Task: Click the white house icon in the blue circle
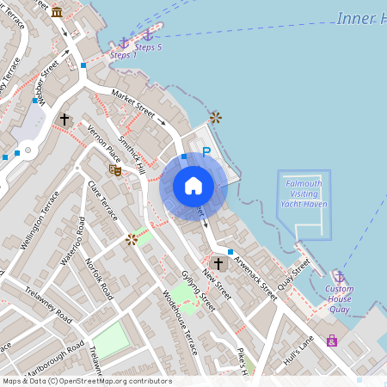[x=193, y=186]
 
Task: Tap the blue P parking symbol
[x=206, y=152]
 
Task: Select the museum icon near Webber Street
[x=57, y=11]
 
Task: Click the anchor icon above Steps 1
[x=123, y=42]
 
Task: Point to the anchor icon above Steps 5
[x=148, y=34]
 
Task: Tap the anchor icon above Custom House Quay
[x=339, y=277]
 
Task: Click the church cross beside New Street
[x=218, y=263]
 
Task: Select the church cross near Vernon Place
[x=64, y=119]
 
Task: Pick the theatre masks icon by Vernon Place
[x=115, y=169]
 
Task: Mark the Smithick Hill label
[x=132, y=155]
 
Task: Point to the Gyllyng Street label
[x=197, y=288]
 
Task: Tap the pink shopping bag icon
[x=332, y=341]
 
